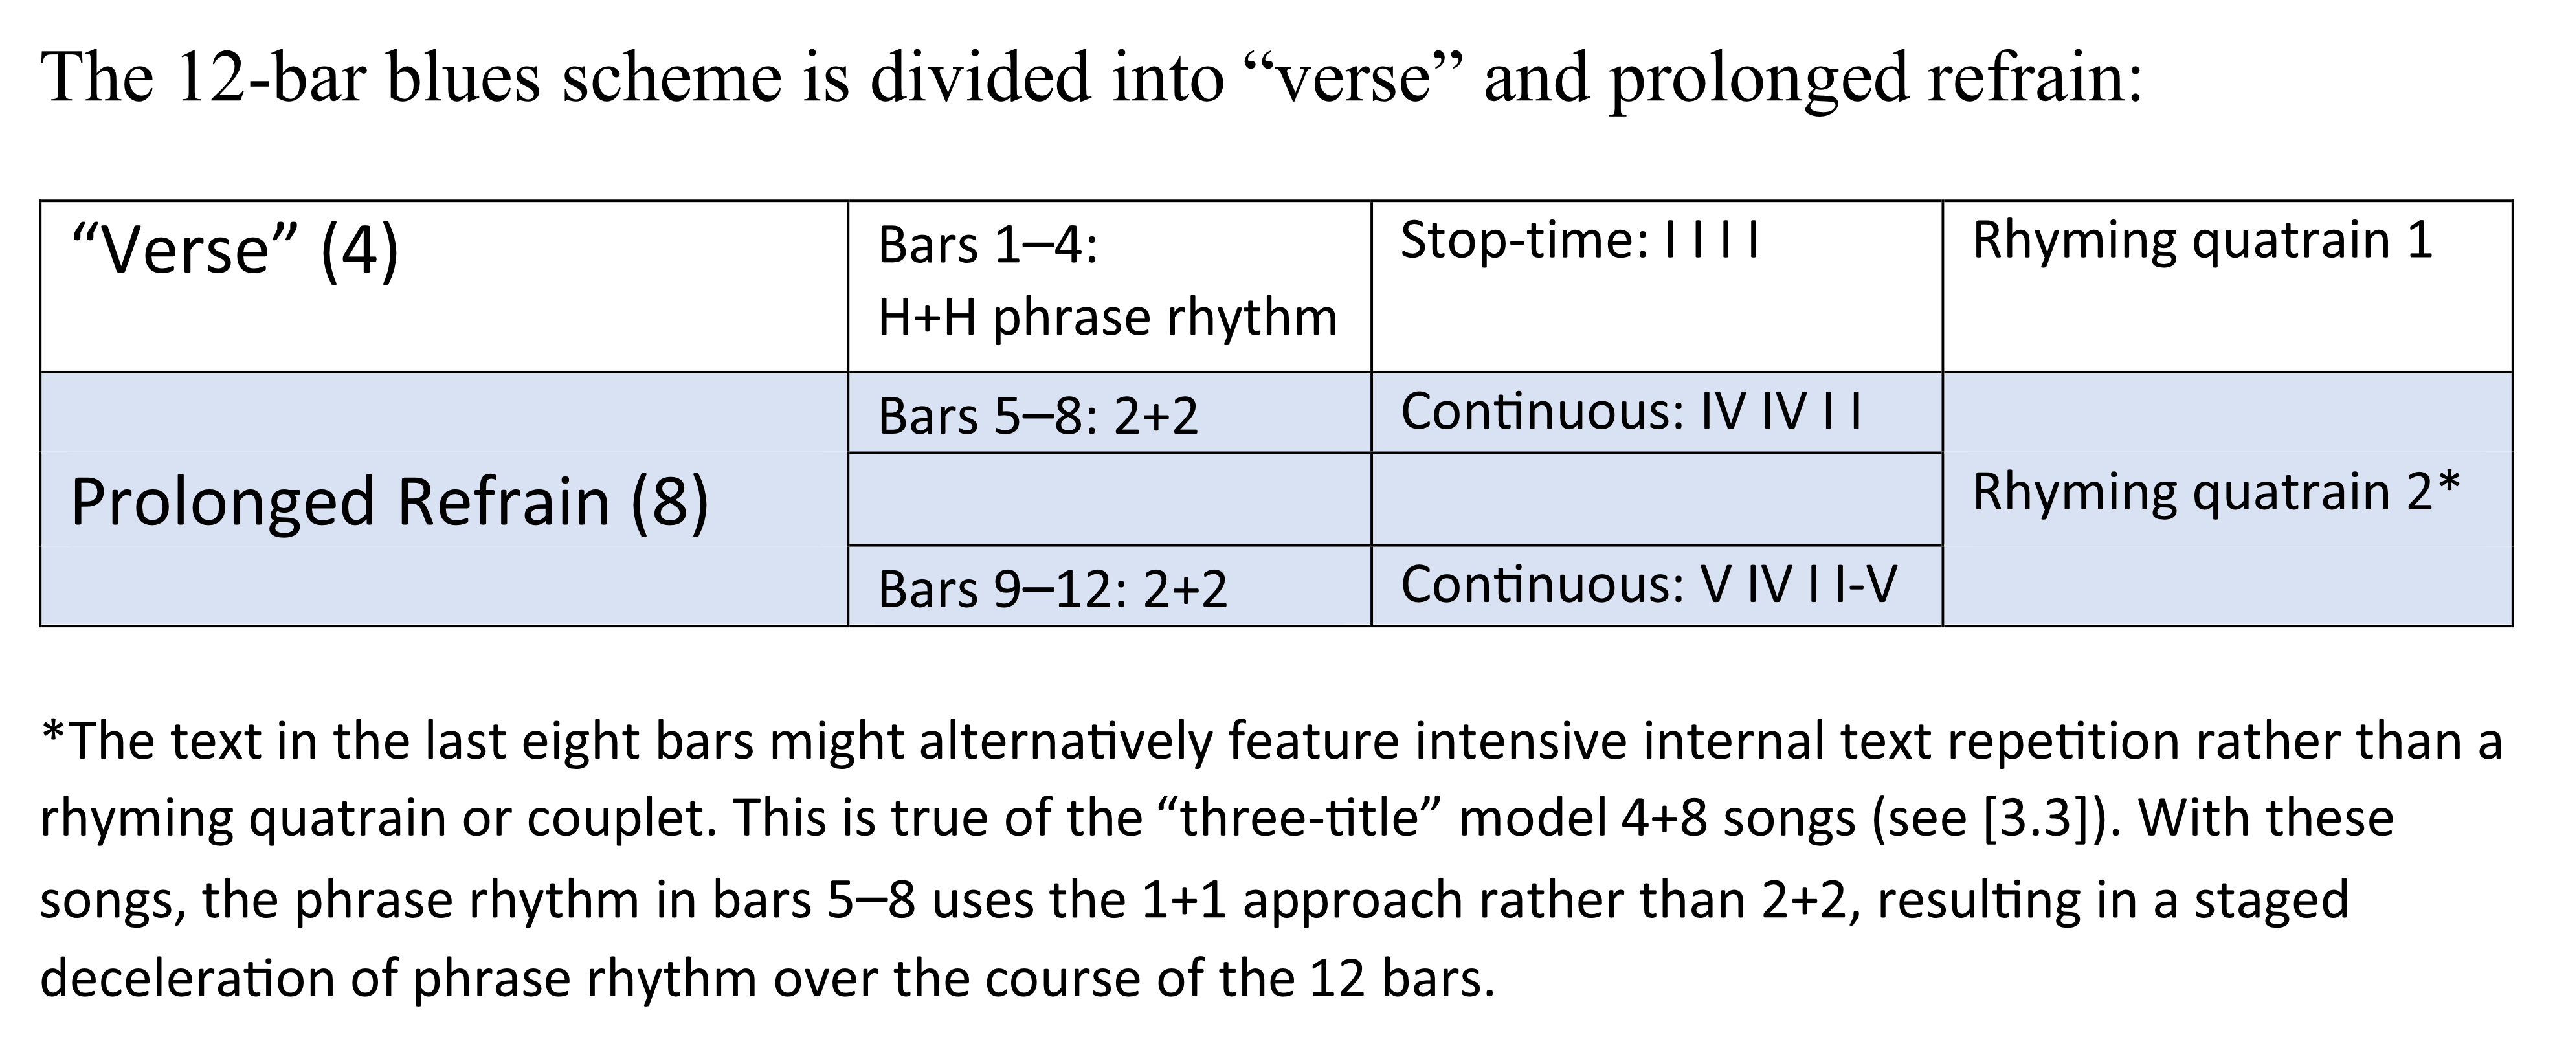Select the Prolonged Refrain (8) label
click(x=390, y=502)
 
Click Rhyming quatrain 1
click(x=2202, y=241)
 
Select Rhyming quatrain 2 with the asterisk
click(x=2216, y=493)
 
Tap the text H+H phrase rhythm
click(x=1108, y=319)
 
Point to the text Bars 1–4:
click(x=988, y=245)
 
